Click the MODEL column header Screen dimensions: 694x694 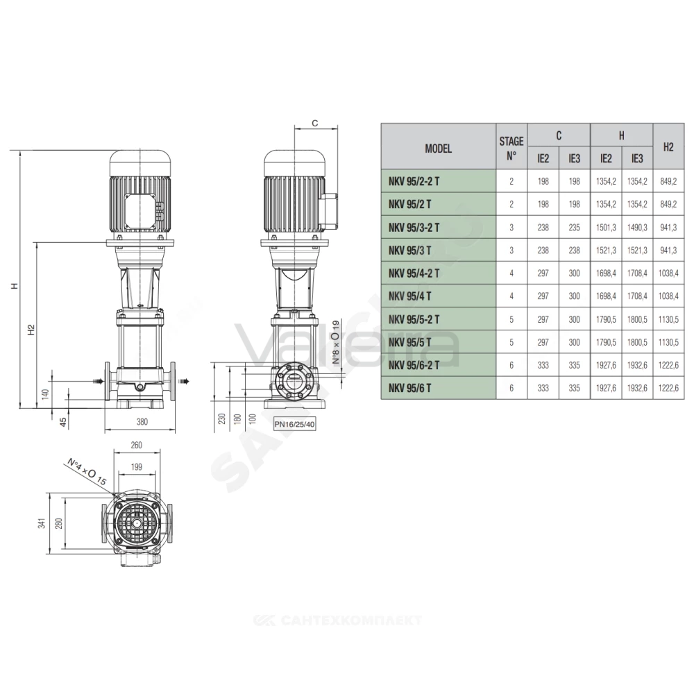pos(438,149)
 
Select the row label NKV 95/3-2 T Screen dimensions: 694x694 pos(414,228)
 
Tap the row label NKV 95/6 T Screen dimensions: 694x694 pos(410,388)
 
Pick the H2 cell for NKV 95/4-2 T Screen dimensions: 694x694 pos(668,273)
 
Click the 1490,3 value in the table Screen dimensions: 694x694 pos(637,228)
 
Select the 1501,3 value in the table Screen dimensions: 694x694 pos(606,228)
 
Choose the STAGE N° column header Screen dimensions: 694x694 pos(511,149)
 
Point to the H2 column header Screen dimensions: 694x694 pos(668,147)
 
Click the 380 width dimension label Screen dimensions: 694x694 pos(142,422)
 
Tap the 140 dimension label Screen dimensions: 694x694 pos(45,394)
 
